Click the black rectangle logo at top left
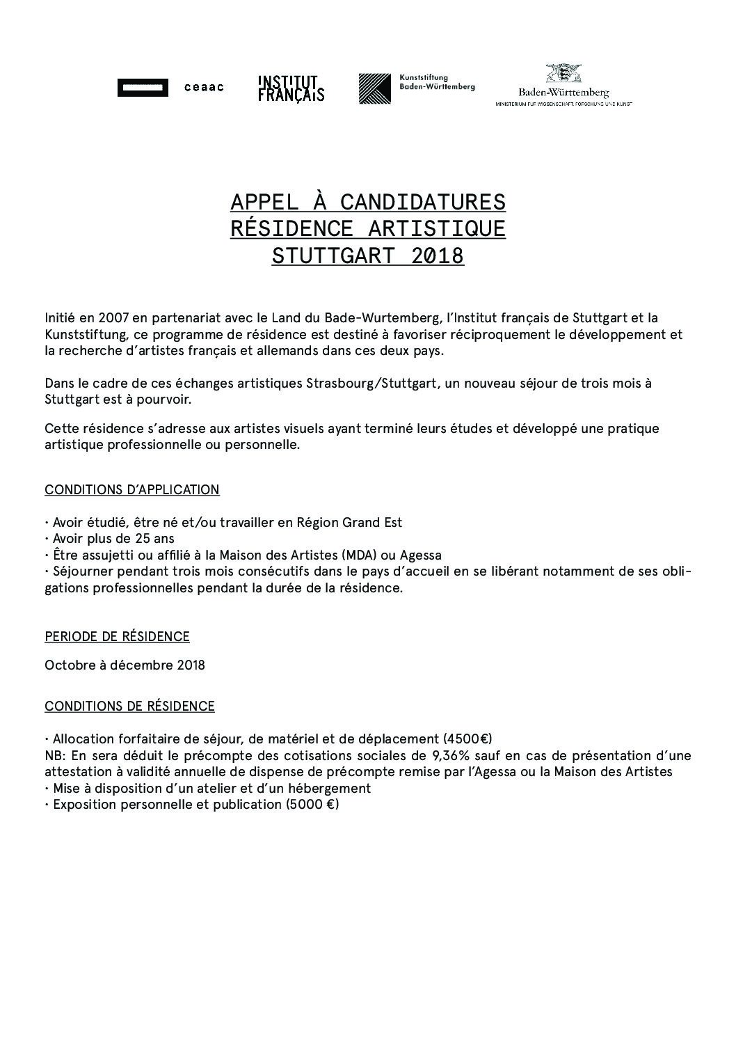pyautogui.click(x=143, y=88)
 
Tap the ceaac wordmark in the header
pyautogui.click(x=204, y=88)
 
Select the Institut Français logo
pyautogui.click(x=291, y=88)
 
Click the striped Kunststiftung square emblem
pyautogui.click(x=374, y=89)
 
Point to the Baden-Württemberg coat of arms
pyautogui.click(x=563, y=74)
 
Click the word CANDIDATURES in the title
pyautogui.click(x=423, y=203)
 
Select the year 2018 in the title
pyautogui.click(x=437, y=256)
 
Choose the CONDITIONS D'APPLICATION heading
pyautogui.click(x=132, y=490)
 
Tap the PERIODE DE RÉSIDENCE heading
pyautogui.click(x=117, y=637)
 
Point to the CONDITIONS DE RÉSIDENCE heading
pyautogui.click(x=129, y=706)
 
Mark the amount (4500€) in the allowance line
pyautogui.click(x=467, y=739)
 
